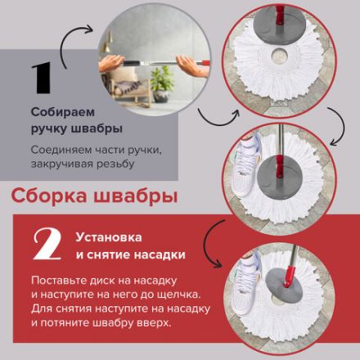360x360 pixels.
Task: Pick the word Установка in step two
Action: coord(104,238)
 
